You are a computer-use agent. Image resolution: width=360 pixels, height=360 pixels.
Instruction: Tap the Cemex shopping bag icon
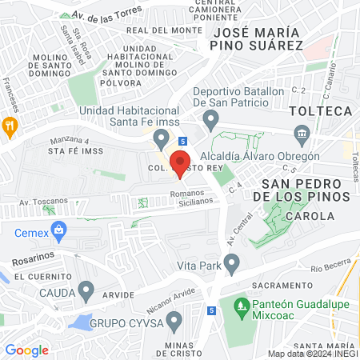pos(58,232)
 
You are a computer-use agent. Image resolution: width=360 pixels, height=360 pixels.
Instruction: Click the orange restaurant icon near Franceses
pos(10,125)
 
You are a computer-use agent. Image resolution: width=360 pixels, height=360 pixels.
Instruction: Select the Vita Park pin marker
pos(232,262)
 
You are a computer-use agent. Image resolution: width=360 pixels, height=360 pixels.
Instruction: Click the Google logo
pos(26,350)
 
